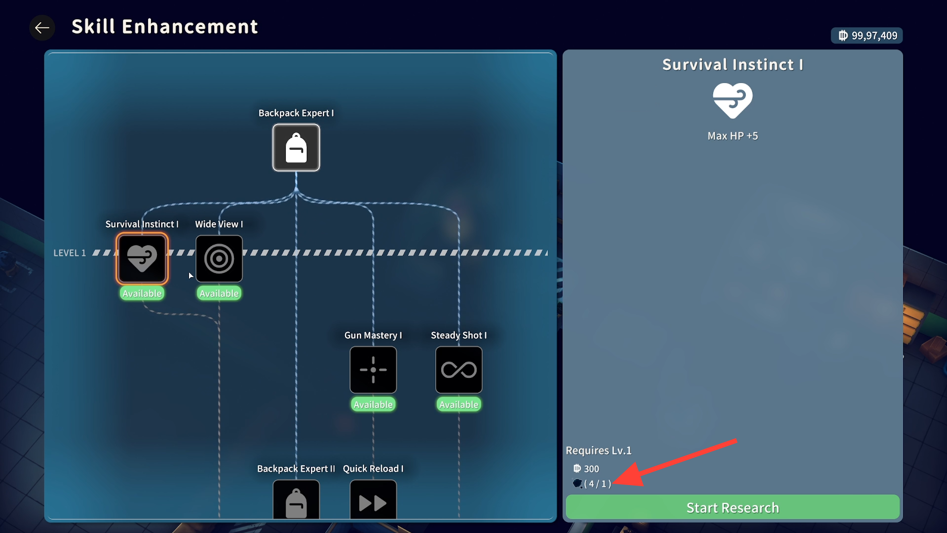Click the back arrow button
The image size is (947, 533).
(42, 28)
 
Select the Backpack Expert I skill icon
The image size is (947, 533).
(296, 148)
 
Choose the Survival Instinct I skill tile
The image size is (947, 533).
(142, 258)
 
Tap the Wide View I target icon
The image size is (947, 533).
(219, 258)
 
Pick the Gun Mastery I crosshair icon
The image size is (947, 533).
(373, 369)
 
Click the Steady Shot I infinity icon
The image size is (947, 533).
(458, 369)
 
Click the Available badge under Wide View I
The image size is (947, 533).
(219, 293)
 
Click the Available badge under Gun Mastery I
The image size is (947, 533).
(373, 405)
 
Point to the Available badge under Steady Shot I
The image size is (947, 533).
(458, 405)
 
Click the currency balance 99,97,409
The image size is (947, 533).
(867, 36)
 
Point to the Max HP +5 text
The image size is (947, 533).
(732, 136)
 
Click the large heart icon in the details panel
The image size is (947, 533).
(732, 100)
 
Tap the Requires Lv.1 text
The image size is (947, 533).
(598, 451)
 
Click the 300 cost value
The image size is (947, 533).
(591, 469)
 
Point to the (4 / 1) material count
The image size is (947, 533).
(597, 484)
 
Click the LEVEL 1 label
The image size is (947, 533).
(70, 253)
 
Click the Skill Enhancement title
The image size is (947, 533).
(164, 27)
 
